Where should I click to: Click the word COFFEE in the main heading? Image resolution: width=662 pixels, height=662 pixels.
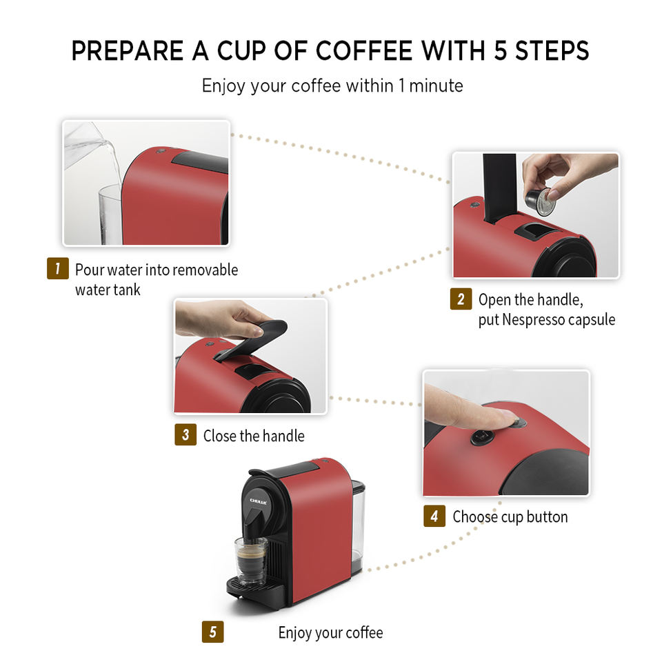point(364,50)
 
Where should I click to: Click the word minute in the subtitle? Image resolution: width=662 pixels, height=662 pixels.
point(436,86)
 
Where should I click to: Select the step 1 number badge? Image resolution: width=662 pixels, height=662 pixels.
point(58,268)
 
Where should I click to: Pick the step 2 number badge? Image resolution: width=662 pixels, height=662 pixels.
point(461,299)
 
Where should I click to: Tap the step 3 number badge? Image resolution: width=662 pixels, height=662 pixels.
point(185,434)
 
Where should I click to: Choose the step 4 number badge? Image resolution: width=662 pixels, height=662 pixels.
point(434,516)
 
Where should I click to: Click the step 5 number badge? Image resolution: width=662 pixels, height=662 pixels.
point(213,632)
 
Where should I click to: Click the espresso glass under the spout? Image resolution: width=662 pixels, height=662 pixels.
point(251,561)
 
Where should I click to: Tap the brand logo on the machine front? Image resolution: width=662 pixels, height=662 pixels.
point(258,501)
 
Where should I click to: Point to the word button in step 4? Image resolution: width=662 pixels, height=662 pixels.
point(547,516)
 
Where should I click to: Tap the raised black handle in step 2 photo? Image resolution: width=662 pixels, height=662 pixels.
point(500,188)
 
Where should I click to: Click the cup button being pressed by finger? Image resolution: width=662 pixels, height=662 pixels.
point(519,422)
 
